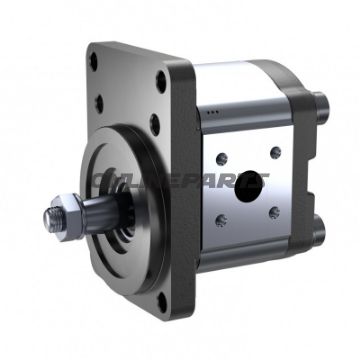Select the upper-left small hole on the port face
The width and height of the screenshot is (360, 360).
click(221, 159)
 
